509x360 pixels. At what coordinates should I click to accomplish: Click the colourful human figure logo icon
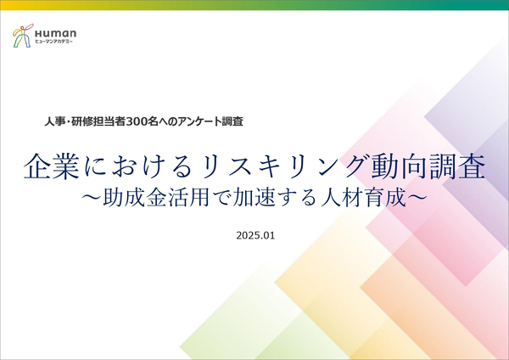click(x=23, y=36)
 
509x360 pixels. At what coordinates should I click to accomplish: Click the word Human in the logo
click(x=56, y=33)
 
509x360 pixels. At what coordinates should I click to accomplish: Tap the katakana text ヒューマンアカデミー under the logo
click(x=54, y=42)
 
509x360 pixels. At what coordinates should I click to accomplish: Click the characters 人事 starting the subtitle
click(x=55, y=121)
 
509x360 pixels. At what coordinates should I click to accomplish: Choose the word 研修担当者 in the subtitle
click(x=98, y=121)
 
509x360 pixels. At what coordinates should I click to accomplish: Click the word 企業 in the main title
click(x=52, y=166)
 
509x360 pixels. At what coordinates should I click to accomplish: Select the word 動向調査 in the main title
click(x=428, y=166)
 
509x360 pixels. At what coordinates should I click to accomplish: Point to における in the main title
click(x=140, y=166)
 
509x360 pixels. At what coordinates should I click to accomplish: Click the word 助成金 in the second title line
click(x=135, y=198)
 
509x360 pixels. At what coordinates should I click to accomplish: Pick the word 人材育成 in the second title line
click(x=364, y=198)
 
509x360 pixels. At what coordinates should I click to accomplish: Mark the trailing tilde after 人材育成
click(x=417, y=198)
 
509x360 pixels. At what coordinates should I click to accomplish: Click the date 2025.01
click(x=255, y=235)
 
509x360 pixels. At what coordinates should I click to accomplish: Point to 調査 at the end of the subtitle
click(x=232, y=121)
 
